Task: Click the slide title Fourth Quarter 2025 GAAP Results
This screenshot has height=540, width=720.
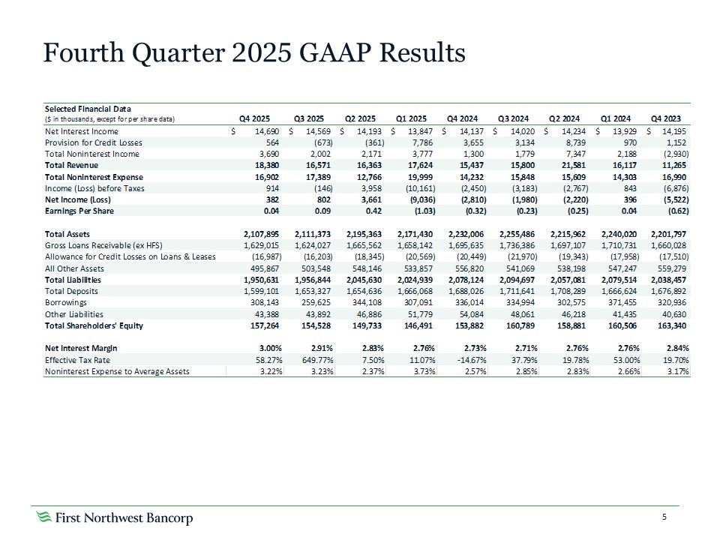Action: [x=254, y=53]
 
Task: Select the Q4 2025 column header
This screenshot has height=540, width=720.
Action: [x=254, y=118]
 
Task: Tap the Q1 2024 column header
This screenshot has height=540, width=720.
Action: [x=615, y=118]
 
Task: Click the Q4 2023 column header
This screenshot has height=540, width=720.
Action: [x=666, y=118]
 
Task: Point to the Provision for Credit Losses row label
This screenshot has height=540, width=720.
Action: [x=94, y=142]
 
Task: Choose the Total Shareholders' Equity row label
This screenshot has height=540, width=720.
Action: [x=94, y=325]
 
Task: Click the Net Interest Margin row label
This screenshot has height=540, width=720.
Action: [x=81, y=348]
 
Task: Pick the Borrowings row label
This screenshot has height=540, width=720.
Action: [x=66, y=303]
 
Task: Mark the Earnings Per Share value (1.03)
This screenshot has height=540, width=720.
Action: [x=412, y=211]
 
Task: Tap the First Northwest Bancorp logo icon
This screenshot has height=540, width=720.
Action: [x=44, y=518]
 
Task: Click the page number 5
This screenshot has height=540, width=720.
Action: [x=664, y=517]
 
